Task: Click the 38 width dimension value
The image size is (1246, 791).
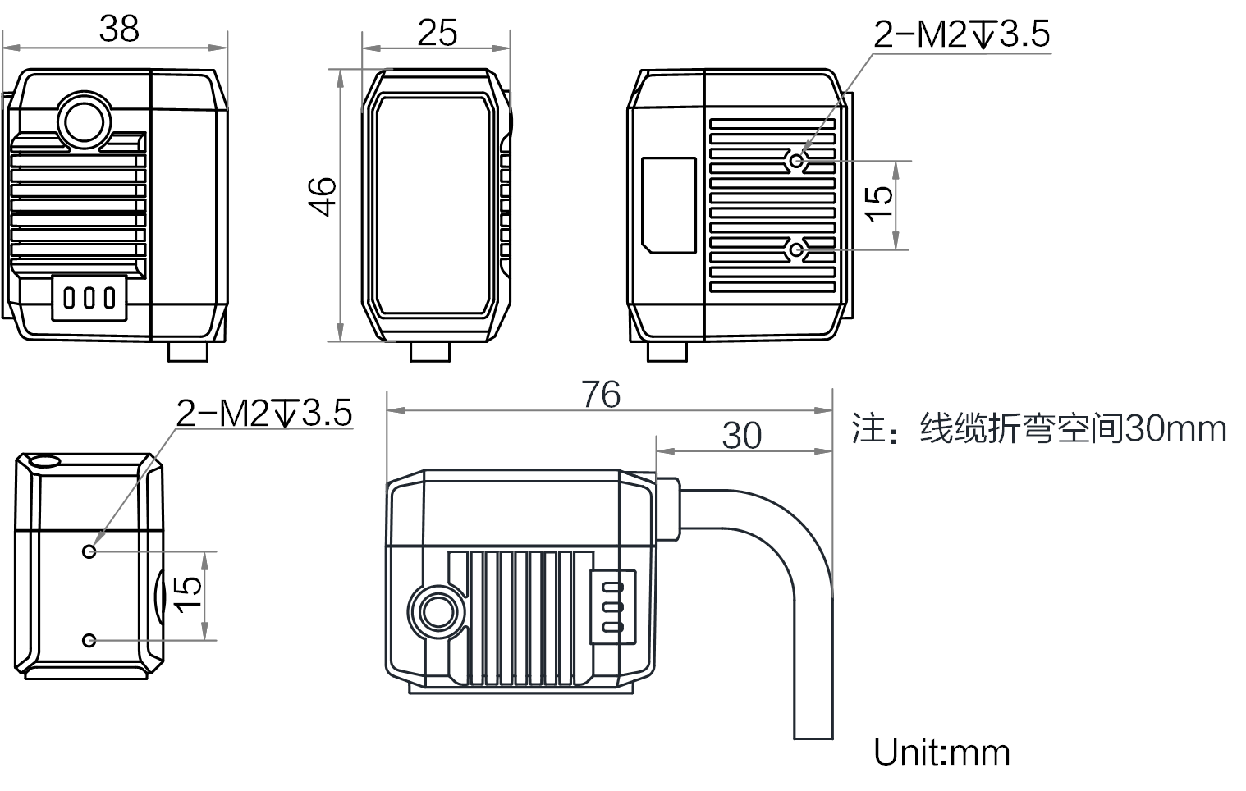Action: pyautogui.click(x=119, y=29)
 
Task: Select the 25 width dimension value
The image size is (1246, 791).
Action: pyautogui.click(x=437, y=33)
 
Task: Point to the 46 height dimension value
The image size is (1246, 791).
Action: pyautogui.click(x=323, y=196)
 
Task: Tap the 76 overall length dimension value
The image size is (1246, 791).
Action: pyautogui.click(x=601, y=395)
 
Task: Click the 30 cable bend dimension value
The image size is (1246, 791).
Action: pyautogui.click(x=741, y=436)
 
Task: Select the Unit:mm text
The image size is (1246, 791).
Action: pyautogui.click(x=941, y=752)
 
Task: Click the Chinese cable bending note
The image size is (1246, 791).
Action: pyautogui.click(x=1039, y=428)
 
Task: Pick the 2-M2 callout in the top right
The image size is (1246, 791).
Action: pyautogui.click(x=961, y=34)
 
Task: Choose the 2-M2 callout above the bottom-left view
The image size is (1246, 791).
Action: pyautogui.click(x=264, y=413)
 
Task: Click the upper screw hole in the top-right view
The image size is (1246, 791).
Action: pyautogui.click(x=796, y=161)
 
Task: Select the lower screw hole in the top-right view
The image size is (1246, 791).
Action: pyautogui.click(x=796, y=249)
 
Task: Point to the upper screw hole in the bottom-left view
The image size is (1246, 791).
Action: pyautogui.click(x=89, y=551)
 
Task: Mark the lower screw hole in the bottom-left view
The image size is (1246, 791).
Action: pyautogui.click(x=89, y=640)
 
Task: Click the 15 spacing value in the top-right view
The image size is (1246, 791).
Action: pyautogui.click(x=878, y=203)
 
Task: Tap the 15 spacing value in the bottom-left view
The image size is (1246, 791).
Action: pyautogui.click(x=187, y=594)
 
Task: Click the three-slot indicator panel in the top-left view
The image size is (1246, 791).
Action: pyautogui.click(x=89, y=297)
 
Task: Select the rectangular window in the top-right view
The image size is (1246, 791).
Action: pyautogui.click(x=668, y=205)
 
